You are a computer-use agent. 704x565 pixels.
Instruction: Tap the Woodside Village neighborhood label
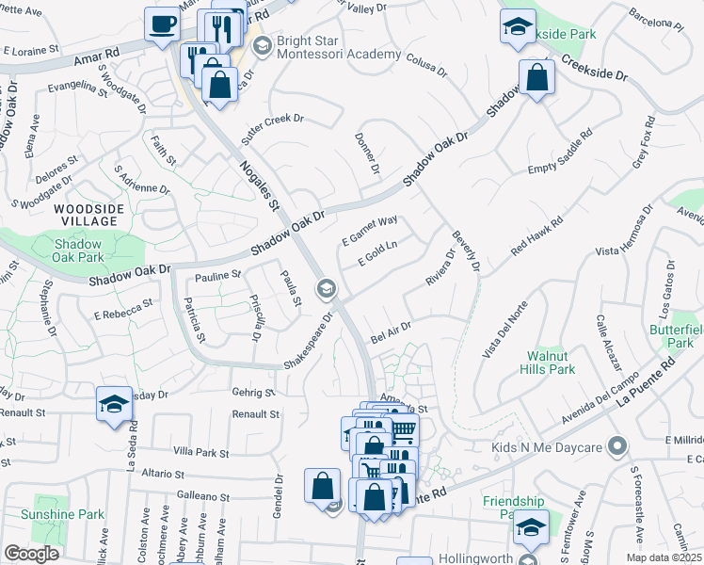point(86,215)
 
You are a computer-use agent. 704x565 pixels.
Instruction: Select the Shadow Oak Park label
point(78,250)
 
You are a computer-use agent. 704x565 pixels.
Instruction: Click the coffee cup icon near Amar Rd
point(162,23)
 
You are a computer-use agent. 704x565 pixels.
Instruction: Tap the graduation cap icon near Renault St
point(114,405)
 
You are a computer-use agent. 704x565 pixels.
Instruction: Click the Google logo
point(31,554)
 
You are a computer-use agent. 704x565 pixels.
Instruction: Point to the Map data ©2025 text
point(663,557)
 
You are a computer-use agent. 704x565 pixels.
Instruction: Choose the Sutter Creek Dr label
point(273,129)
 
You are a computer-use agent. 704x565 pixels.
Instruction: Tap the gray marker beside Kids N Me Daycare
point(617,445)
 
